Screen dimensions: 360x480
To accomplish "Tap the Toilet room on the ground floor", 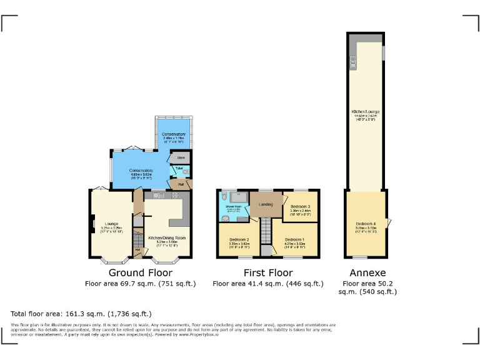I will [x=180, y=169].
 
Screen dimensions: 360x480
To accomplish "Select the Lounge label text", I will [x=112, y=223].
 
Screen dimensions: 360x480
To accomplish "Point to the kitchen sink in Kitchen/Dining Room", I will [x=157, y=196].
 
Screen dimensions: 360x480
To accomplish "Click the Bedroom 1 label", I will [x=294, y=240].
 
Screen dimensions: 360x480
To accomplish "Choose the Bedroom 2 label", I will [x=239, y=240].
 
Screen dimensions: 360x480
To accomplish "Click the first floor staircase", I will [x=265, y=232].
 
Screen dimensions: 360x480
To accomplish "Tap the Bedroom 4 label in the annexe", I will [x=366, y=224].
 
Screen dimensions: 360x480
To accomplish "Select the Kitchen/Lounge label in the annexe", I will [x=366, y=112].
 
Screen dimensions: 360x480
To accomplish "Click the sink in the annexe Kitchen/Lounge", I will [x=353, y=62].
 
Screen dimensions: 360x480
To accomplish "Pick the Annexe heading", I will [x=367, y=273].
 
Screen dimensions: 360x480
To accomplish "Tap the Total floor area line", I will [x=81, y=314].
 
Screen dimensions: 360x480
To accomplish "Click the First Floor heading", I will [x=267, y=273].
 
